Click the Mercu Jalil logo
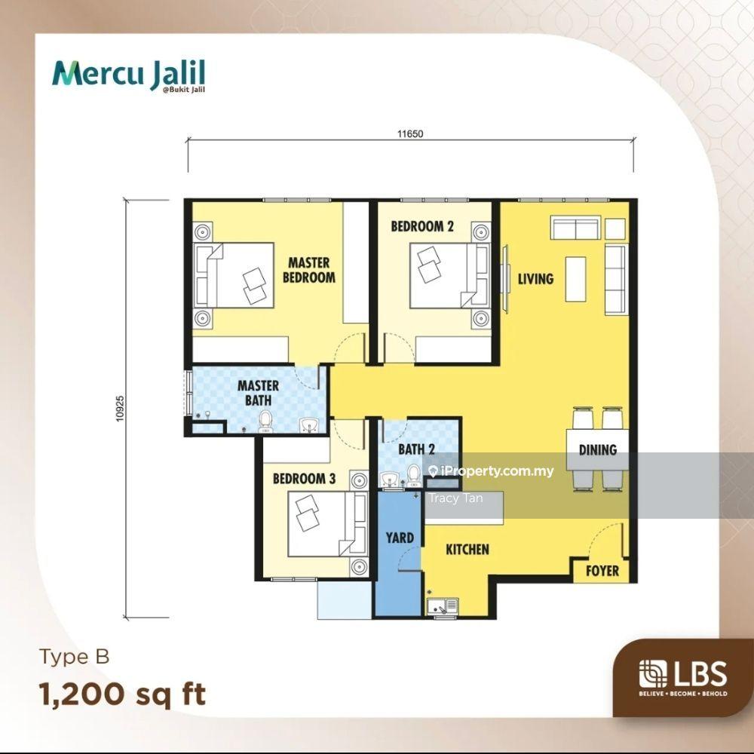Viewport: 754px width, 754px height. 128,75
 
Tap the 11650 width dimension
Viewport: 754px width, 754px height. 410,133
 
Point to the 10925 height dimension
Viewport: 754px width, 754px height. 120,409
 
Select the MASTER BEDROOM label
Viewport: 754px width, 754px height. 308,270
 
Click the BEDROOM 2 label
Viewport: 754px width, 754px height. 421,226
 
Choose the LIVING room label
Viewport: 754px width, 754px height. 535,279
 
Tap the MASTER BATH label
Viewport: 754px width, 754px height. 258,393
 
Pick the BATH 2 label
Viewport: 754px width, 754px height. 416,449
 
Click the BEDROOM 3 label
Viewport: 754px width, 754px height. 304,479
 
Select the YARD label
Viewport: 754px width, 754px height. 400,538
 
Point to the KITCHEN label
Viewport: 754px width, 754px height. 467,549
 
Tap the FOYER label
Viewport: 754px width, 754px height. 602,571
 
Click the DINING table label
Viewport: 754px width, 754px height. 598,449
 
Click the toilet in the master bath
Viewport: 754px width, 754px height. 265,421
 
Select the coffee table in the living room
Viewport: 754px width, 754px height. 575,279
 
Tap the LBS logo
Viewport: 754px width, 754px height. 683,677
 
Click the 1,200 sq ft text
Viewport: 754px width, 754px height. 123,694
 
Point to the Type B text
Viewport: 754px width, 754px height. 75,657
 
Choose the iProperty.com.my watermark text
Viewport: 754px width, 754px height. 491,470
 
